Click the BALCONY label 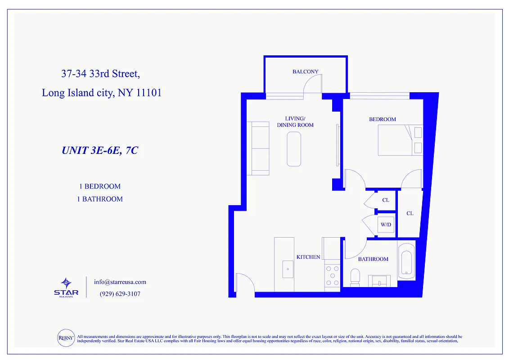(305, 72)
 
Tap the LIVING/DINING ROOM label (295, 122)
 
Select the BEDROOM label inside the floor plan (383, 119)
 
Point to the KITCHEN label (308, 257)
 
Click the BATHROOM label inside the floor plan (373, 259)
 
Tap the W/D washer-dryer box (386, 225)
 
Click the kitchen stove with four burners (332, 275)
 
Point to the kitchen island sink (287, 269)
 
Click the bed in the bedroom (400, 140)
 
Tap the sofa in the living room (260, 148)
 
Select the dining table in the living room (294, 149)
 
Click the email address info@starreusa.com (120, 282)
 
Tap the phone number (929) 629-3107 (120, 294)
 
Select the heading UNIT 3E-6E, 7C (99, 151)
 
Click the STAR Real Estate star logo (66, 284)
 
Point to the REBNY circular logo (66, 338)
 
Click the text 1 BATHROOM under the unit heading (99, 199)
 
